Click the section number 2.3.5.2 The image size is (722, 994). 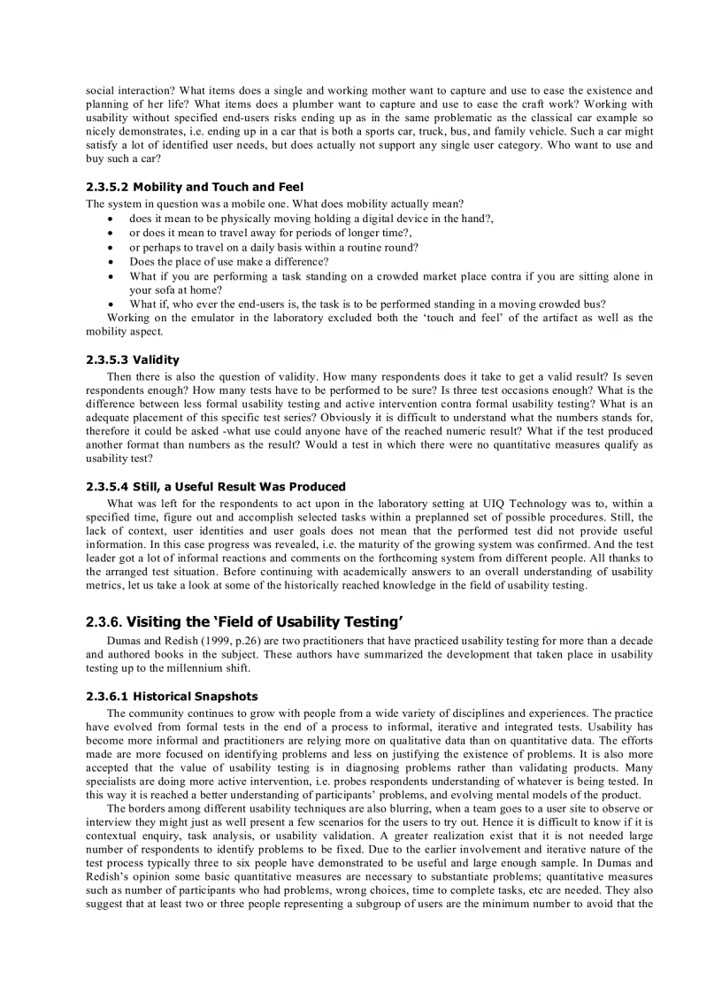click(107, 187)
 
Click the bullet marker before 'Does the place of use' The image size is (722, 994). click(109, 261)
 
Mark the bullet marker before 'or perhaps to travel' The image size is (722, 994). click(109, 247)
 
